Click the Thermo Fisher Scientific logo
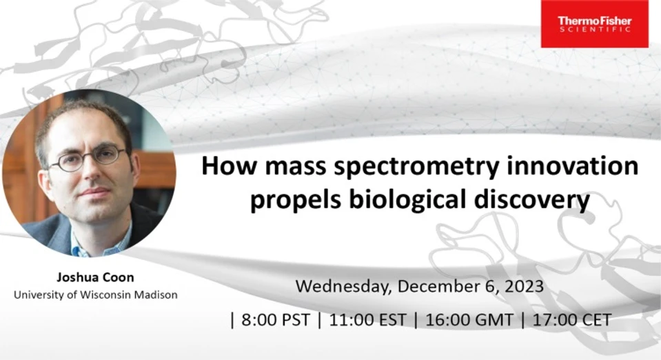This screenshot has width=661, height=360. (x=594, y=23)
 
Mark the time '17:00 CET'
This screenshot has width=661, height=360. (x=572, y=320)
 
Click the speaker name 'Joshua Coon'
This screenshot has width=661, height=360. (x=96, y=278)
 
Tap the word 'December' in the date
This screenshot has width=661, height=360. (x=441, y=286)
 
